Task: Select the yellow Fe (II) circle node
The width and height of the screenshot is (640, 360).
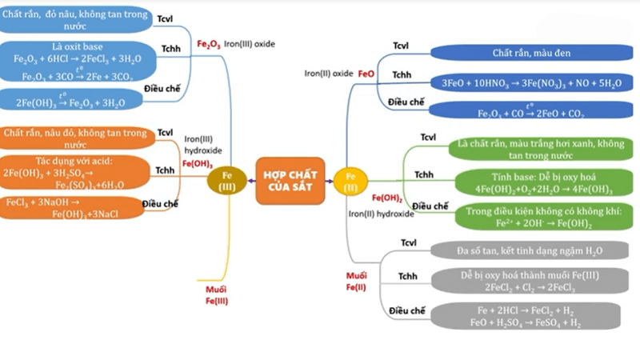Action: pyautogui.click(x=350, y=181)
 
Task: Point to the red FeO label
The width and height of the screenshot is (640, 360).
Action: pyautogui.click(x=366, y=73)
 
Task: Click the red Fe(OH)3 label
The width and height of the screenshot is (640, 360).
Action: pyautogui.click(x=197, y=163)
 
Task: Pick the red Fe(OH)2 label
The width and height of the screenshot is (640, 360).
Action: pyautogui.click(x=386, y=198)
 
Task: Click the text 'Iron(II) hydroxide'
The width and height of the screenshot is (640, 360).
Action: pyautogui.click(x=381, y=214)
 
